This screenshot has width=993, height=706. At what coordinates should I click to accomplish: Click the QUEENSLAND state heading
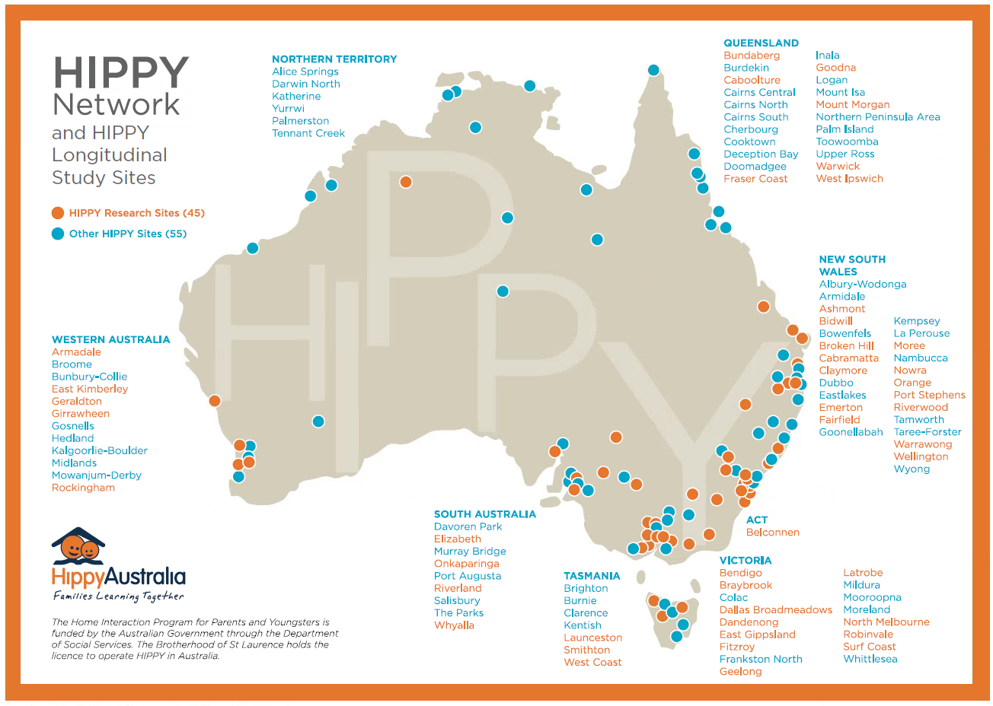(761, 43)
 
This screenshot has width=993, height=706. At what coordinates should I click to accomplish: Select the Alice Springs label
(305, 72)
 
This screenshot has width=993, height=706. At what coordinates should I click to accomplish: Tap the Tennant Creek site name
(308, 133)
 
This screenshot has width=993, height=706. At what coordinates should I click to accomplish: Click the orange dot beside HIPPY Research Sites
(58, 213)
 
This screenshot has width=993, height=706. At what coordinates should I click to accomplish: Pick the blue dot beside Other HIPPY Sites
(58, 234)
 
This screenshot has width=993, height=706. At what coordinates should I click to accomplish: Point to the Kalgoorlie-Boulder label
(99, 450)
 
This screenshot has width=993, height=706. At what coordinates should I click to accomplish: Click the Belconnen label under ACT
(772, 533)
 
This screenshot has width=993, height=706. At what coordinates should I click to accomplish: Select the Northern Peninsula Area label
(877, 117)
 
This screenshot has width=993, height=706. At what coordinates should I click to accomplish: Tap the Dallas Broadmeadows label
(775, 610)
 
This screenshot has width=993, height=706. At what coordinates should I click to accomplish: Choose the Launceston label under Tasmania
(592, 638)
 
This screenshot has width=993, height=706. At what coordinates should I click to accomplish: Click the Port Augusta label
(467, 576)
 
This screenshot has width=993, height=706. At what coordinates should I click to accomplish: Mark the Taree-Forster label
(927, 432)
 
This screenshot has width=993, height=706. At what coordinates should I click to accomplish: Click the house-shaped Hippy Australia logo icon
(78, 546)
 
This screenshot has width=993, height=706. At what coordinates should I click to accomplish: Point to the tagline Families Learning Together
(118, 596)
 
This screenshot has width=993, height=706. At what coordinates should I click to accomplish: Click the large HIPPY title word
(120, 73)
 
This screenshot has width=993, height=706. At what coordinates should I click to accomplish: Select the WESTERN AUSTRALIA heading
(110, 340)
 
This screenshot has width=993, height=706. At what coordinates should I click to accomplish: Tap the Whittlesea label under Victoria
(870, 659)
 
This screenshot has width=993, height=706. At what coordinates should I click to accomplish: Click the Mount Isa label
(840, 92)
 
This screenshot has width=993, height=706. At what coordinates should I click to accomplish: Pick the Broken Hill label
(846, 345)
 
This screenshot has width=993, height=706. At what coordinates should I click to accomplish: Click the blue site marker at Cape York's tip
(653, 70)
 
